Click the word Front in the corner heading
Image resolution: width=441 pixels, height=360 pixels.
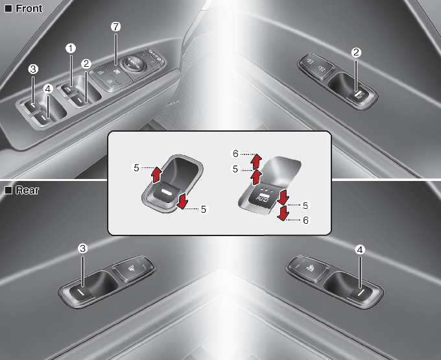coord(29,8)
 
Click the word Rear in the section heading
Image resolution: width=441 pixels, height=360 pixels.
coord(27,190)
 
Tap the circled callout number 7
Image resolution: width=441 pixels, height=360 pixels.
coord(115,27)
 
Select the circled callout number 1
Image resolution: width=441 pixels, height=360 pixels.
coord(71,49)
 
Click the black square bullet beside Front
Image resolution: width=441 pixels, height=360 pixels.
coord(8,8)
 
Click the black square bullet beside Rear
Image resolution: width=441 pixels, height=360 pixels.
coord(8,190)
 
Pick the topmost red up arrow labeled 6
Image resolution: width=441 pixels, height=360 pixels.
coord(256,161)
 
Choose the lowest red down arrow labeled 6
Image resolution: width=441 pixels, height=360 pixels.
coord(282,213)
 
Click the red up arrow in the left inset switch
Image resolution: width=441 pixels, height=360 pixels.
coord(156,174)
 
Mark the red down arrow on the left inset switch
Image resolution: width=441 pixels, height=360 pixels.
coord(182,201)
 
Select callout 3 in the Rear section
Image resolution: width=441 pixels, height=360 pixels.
coord(82,248)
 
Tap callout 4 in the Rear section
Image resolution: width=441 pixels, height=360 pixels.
coord(360,250)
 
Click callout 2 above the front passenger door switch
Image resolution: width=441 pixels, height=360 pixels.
coord(356,53)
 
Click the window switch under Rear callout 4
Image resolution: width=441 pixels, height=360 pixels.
coord(360,294)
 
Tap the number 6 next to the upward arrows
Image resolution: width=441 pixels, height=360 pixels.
coord(235,154)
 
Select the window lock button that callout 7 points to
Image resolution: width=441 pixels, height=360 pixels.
coord(115,71)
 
